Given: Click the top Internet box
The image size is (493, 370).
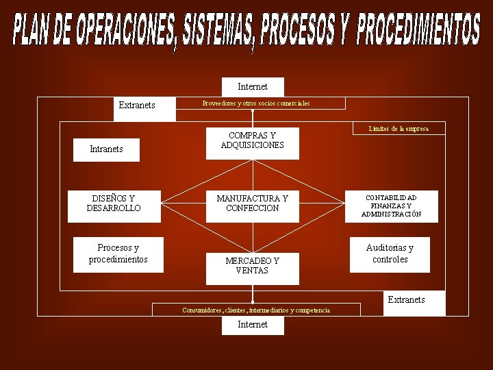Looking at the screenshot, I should (252, 87).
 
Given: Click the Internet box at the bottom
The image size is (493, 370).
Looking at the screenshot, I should (252, 325).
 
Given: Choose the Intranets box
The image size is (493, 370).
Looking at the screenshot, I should (107, 149).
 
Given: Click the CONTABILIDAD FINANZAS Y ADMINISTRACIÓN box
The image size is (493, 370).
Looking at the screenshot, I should (391, 206).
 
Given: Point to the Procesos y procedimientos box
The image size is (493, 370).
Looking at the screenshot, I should (118, 254).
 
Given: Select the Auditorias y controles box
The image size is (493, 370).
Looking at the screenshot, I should (390, 254).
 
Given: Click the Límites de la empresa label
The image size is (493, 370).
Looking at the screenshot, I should (398, 129).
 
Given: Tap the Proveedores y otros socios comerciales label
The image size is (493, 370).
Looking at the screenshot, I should (255, 103).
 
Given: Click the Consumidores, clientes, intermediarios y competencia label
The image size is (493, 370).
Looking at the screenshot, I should (255, 310).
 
